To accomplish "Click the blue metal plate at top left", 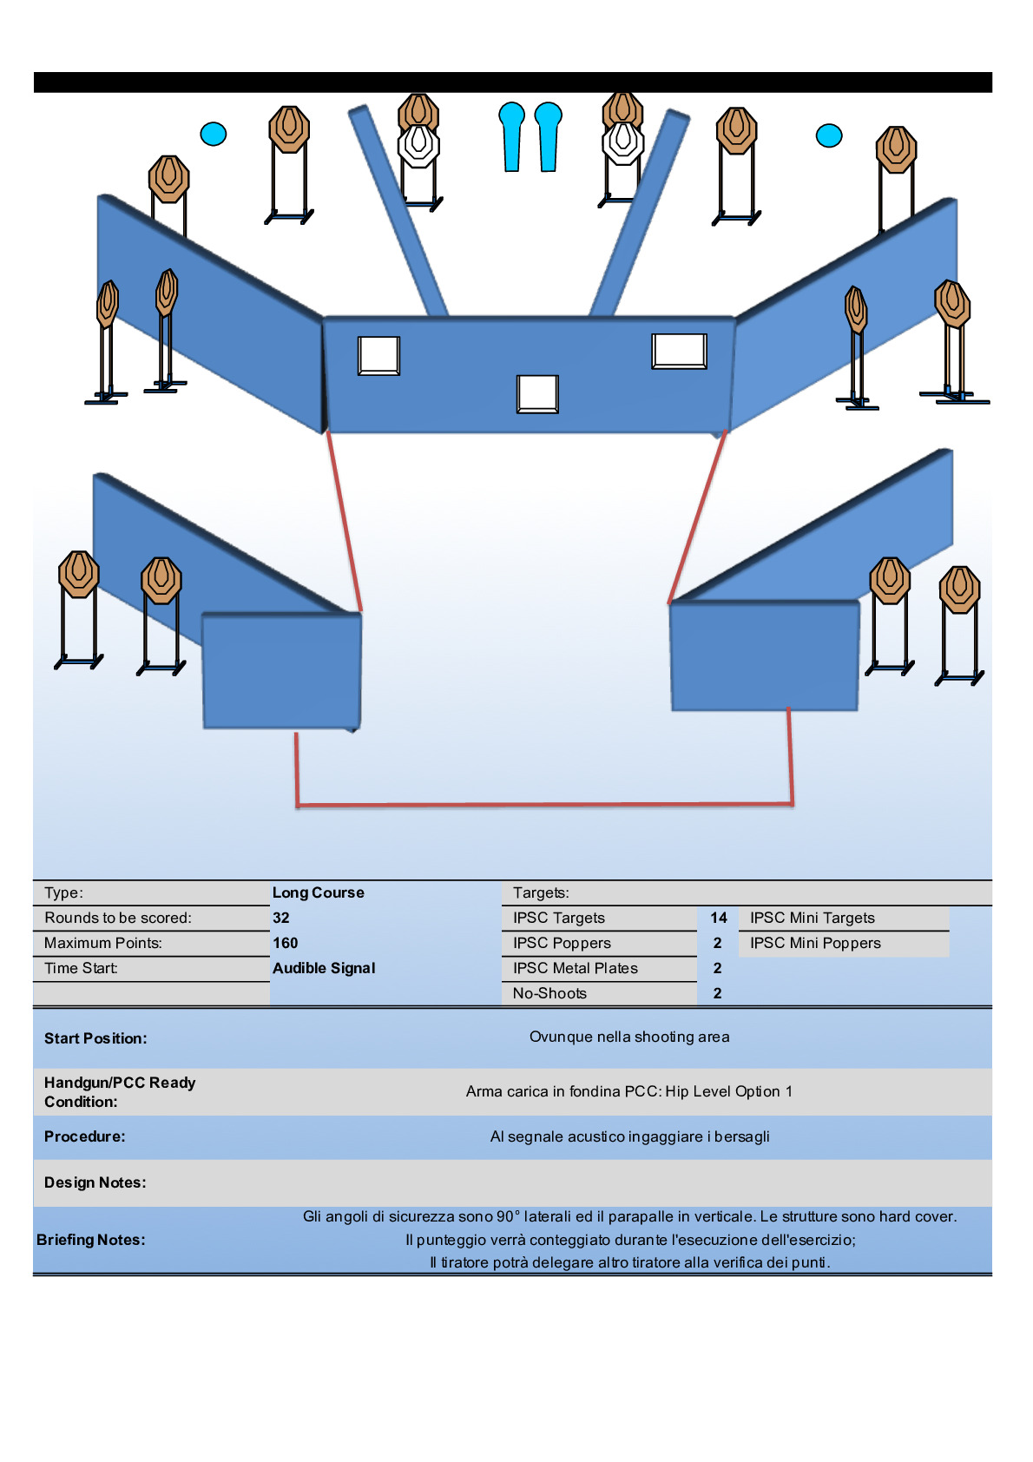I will (214, 134).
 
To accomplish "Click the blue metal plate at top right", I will (829, 135).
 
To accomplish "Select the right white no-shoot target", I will (622, 143).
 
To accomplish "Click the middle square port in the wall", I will (537, 393).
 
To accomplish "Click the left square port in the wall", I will (379, 356).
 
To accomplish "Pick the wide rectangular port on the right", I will (680, 351).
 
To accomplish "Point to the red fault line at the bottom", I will (544, 805).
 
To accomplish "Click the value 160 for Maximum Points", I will (286, 943).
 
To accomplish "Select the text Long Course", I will (319, 892).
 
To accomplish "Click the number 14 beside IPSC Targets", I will (719, 918).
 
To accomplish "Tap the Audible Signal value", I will (324, 968).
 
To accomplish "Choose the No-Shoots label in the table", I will (549, 993).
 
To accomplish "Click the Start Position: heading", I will (95, 1038).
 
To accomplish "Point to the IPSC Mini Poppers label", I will (815, 943).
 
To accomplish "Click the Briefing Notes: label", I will (91, 1240).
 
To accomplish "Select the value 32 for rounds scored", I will (281, 918).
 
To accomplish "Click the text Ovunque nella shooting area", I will (629, 1037).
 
